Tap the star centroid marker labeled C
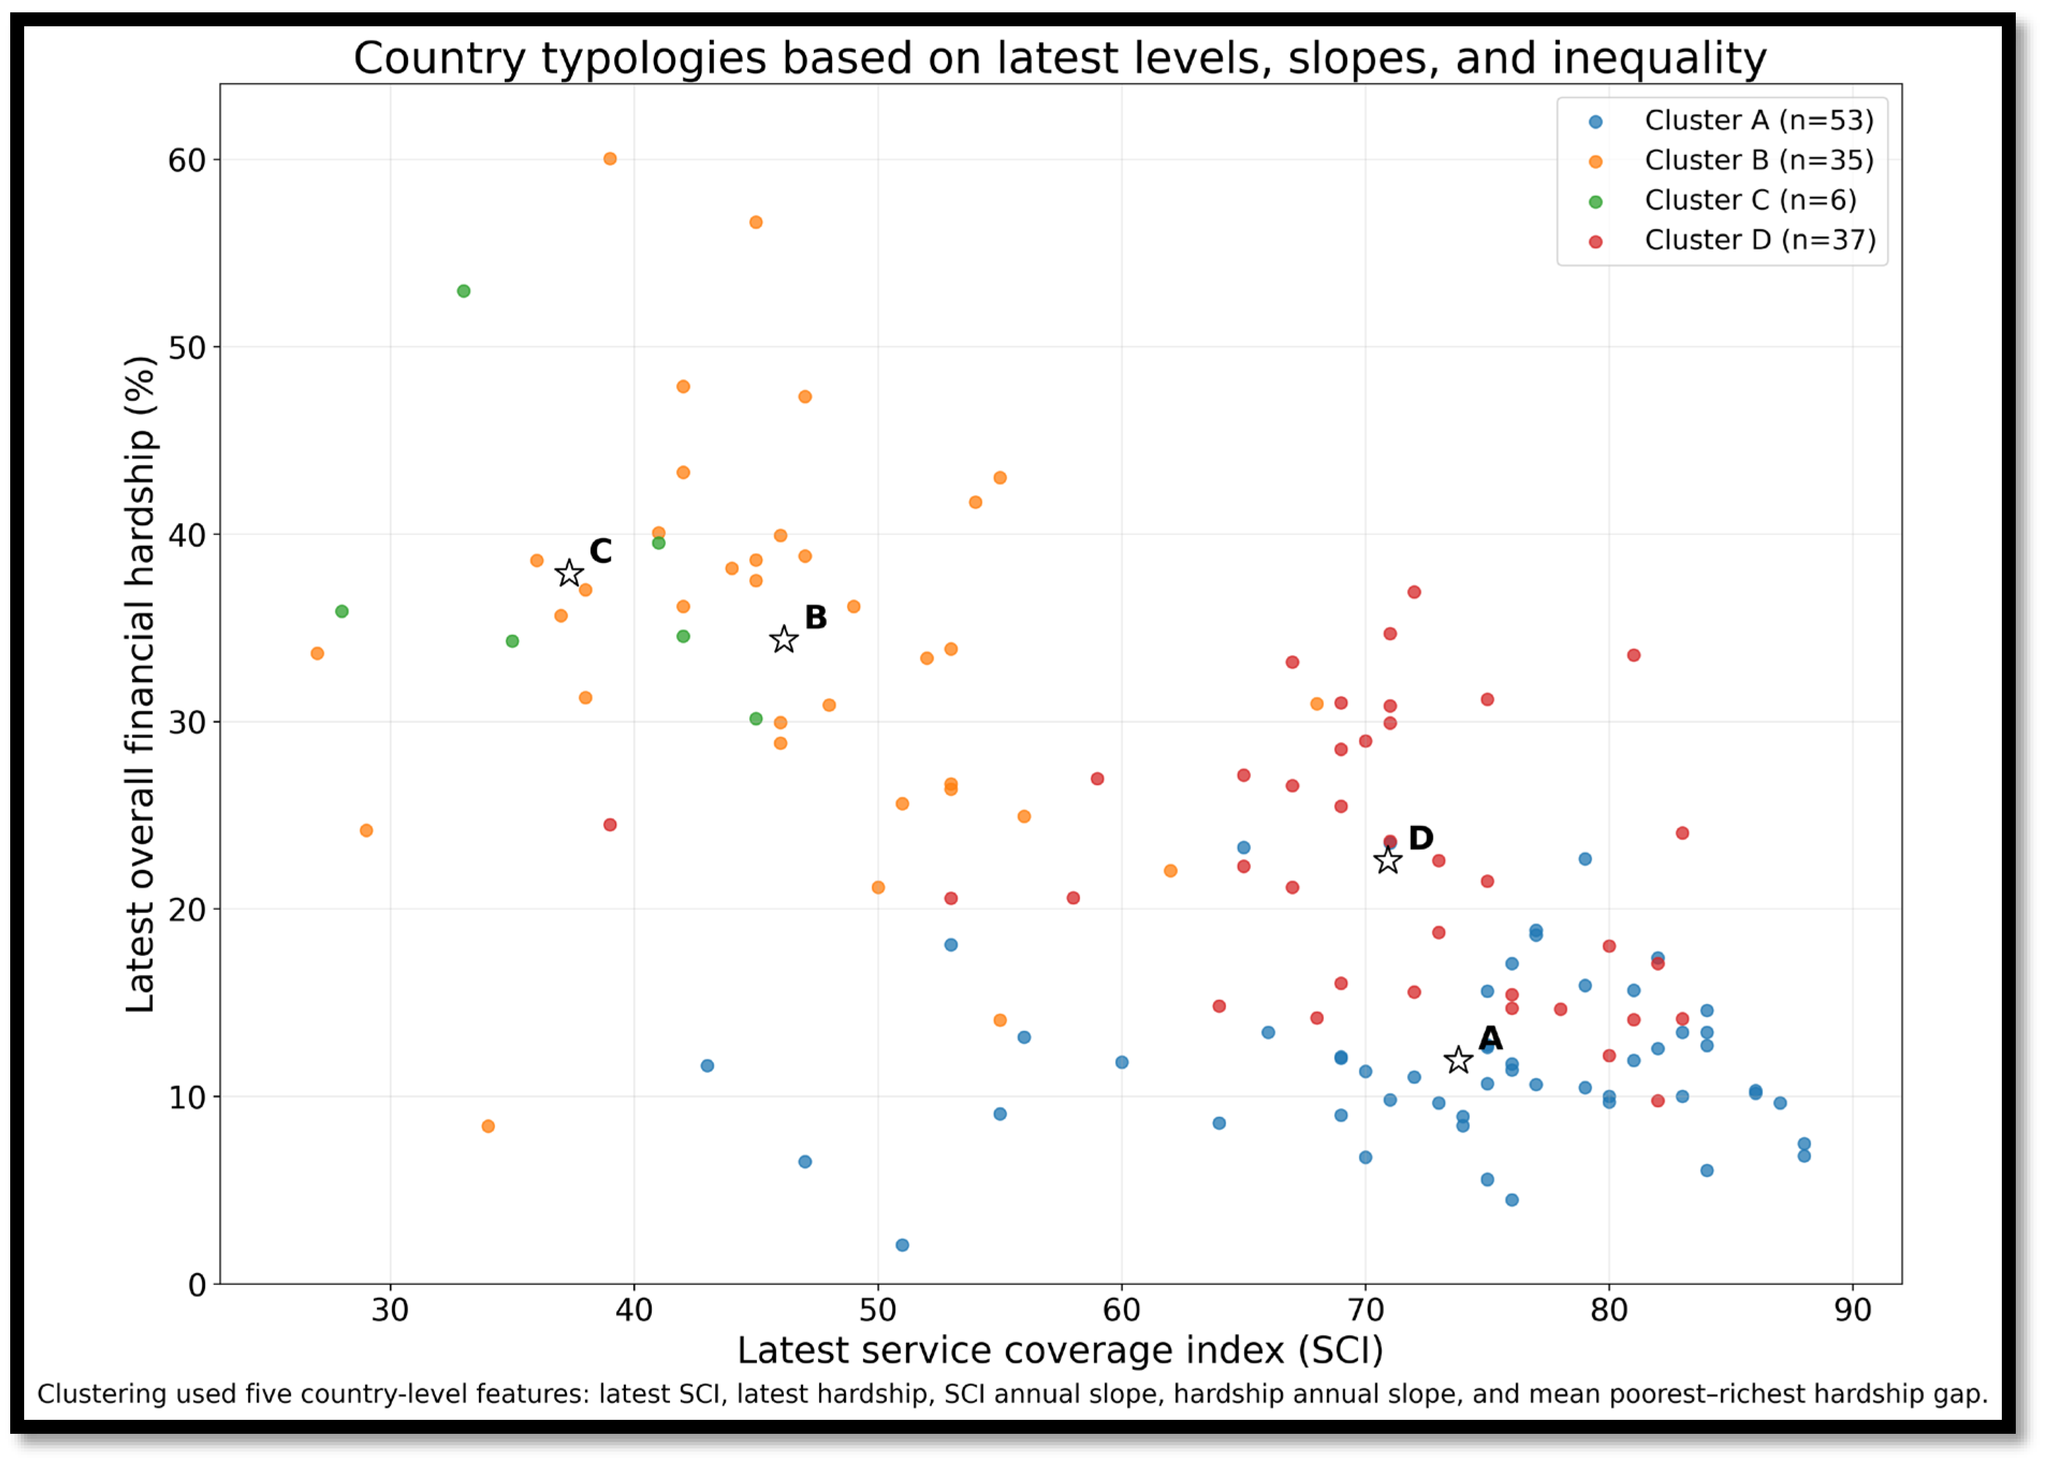569,573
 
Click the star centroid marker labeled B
783,639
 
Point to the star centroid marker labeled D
1387,860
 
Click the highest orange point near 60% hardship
610,159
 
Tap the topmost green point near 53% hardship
464,290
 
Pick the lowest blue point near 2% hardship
902,1245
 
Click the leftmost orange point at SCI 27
317,653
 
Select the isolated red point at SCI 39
610,824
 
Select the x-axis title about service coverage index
1061,1351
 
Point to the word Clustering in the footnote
99,1395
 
